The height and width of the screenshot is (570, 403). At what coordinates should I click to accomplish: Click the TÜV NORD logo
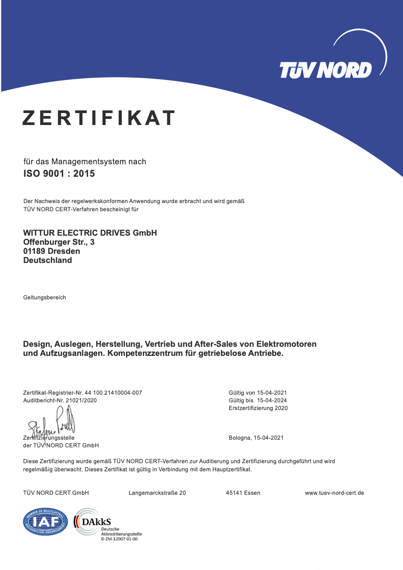pyautogui.click(x=326, y=70)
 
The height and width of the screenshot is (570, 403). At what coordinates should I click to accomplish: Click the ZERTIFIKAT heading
pyautogui.click(x=99, y=118)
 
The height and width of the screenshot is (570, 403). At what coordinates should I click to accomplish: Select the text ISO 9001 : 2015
pyautogui.click(x=59, y=173)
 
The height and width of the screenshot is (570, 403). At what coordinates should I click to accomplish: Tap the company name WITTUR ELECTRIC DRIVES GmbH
pyautogui.click(x=90, y=233)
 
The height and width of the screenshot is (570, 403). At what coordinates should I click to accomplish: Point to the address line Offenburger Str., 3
pyautogui.click(x=59, y=242)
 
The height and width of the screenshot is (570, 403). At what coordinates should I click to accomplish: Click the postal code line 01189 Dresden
pyautogui.click(x=52, y=251)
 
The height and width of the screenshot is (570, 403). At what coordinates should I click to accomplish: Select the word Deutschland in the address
pyautogui.click(x=47, y=260)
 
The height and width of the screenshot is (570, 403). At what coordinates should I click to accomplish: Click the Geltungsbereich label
pyautogui.click(x=45, y=297)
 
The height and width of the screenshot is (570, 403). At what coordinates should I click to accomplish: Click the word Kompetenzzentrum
pyautogui.click(x=173, y=354)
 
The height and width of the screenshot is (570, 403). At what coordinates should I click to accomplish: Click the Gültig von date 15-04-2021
pyautogui.click(x=272, y=393)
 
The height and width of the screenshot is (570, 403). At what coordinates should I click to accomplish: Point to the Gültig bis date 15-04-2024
pyautogui.click(x=272, y=400)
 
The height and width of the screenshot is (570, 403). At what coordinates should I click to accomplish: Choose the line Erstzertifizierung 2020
pyautogui.click(x=258, y=408)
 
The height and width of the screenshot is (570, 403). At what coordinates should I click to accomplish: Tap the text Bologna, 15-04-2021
pyautogui.click(x=256, y=438)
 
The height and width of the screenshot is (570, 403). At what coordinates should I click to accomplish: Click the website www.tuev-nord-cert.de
pyautogui.click(x=334, y=493)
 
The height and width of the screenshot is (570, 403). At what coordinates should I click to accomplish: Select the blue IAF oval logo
pyautogui.click(x=46, y=522)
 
